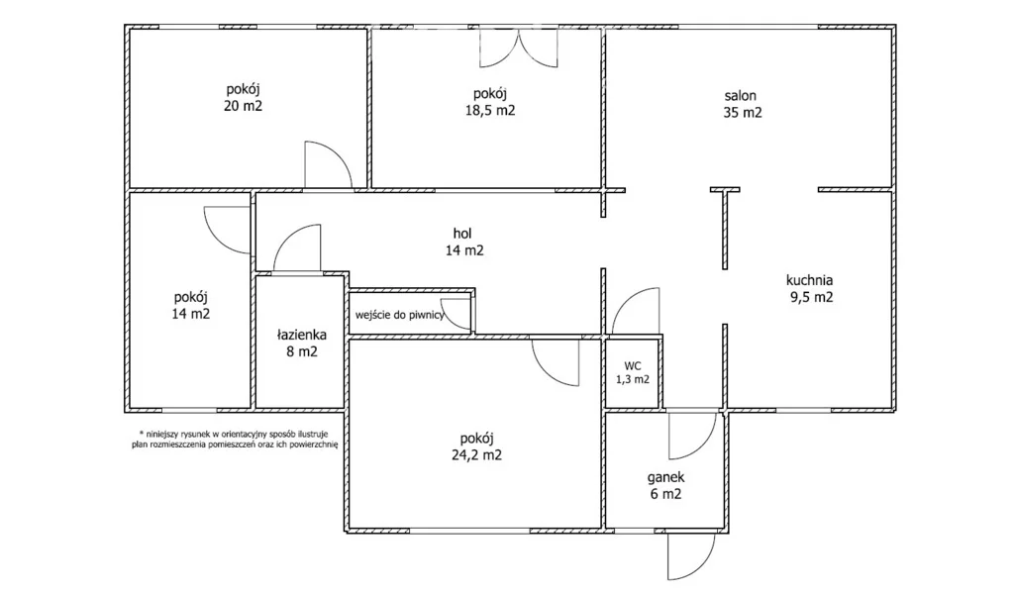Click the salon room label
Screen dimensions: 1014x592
point(740,96)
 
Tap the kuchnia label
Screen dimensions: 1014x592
point(809,280)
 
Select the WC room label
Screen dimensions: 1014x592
point(633,366)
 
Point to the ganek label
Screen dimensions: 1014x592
point(665,477)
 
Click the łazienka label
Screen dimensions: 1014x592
point(301,335)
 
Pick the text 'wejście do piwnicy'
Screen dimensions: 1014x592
point(400,316)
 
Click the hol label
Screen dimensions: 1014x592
point(462,234)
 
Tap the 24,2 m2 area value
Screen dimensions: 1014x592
point(476,455)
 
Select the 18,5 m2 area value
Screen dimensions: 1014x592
point(490,111)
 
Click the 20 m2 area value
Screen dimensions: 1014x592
point(244,106)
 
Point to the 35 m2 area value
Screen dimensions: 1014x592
point(743,113)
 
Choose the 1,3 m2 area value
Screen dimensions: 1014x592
point(633,380)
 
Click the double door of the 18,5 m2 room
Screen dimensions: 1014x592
point(518,48)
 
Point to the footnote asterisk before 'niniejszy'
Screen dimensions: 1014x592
point(141,433)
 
